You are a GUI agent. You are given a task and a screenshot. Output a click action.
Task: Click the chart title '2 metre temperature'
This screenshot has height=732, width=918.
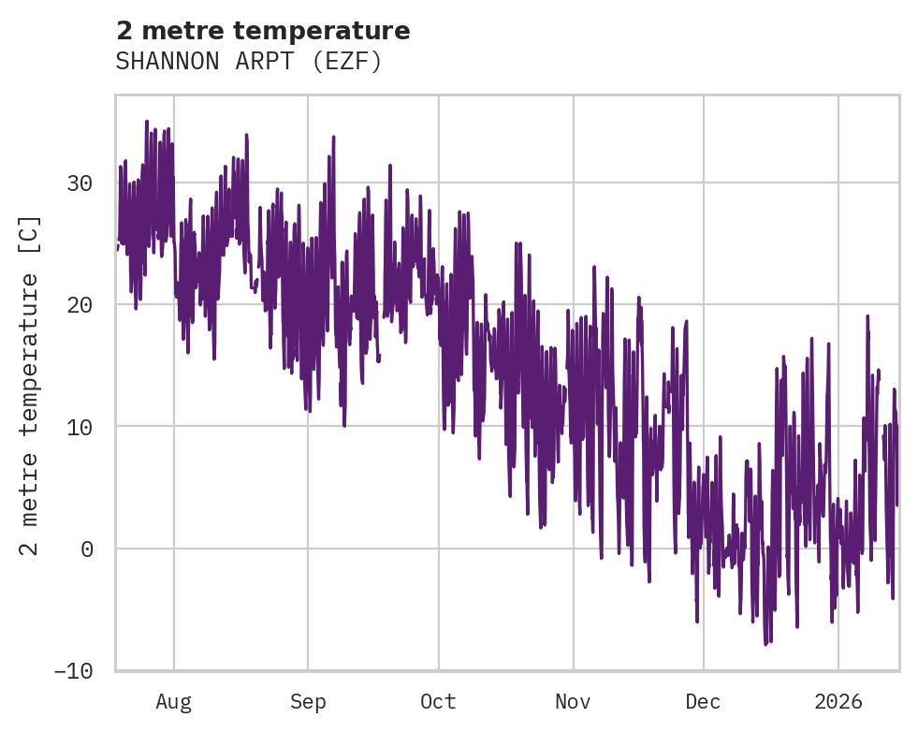point(263,31)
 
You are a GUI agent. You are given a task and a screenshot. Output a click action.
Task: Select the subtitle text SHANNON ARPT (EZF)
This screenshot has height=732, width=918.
point(249,62)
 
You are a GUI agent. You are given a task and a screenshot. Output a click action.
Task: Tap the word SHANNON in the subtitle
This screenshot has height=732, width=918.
point(166,62)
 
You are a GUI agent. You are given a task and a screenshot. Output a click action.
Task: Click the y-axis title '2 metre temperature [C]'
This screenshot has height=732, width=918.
point(30,385)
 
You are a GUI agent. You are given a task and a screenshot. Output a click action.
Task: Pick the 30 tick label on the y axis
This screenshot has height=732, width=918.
point(80,183)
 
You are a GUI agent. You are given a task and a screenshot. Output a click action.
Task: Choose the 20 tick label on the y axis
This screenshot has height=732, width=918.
point(80,304)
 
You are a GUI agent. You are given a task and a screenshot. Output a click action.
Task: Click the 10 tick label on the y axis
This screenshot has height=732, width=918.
point(80,427)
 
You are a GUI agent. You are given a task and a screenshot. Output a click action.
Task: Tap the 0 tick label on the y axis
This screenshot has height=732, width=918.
point(87,549)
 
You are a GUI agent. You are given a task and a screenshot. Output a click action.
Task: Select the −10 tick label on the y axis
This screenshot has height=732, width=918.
point(74,671)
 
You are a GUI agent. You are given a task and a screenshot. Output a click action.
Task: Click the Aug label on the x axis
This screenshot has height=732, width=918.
point(174,701)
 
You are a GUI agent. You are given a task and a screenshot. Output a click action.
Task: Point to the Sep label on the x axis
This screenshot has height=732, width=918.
point(308,701)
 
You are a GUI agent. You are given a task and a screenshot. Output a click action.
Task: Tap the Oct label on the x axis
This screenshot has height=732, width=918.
point(438,701)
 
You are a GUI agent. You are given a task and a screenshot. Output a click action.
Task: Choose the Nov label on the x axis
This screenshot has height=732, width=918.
point(573,701)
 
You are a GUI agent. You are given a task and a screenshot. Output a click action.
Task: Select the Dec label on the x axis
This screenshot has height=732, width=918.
point(703,701)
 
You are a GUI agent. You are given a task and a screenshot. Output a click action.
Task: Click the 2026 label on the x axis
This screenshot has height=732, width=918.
point(838,701)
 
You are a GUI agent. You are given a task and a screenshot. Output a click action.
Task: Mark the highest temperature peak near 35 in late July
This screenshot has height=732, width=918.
point(147,122)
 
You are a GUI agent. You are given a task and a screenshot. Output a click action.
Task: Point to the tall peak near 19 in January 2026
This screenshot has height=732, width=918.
point(867,317)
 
